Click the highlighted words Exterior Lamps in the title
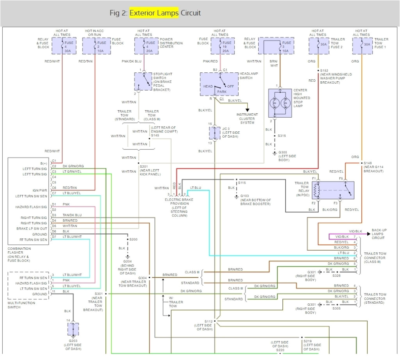tap(154, 13)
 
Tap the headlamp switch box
tap(218, 84)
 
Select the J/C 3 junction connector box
tap(215, 133)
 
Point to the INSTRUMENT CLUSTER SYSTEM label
tap(247, 119)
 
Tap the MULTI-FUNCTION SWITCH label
tap(21, 305)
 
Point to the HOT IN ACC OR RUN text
tap(94, 32)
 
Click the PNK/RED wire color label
tap(210, 61)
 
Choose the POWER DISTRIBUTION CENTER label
tap(171, 43)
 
